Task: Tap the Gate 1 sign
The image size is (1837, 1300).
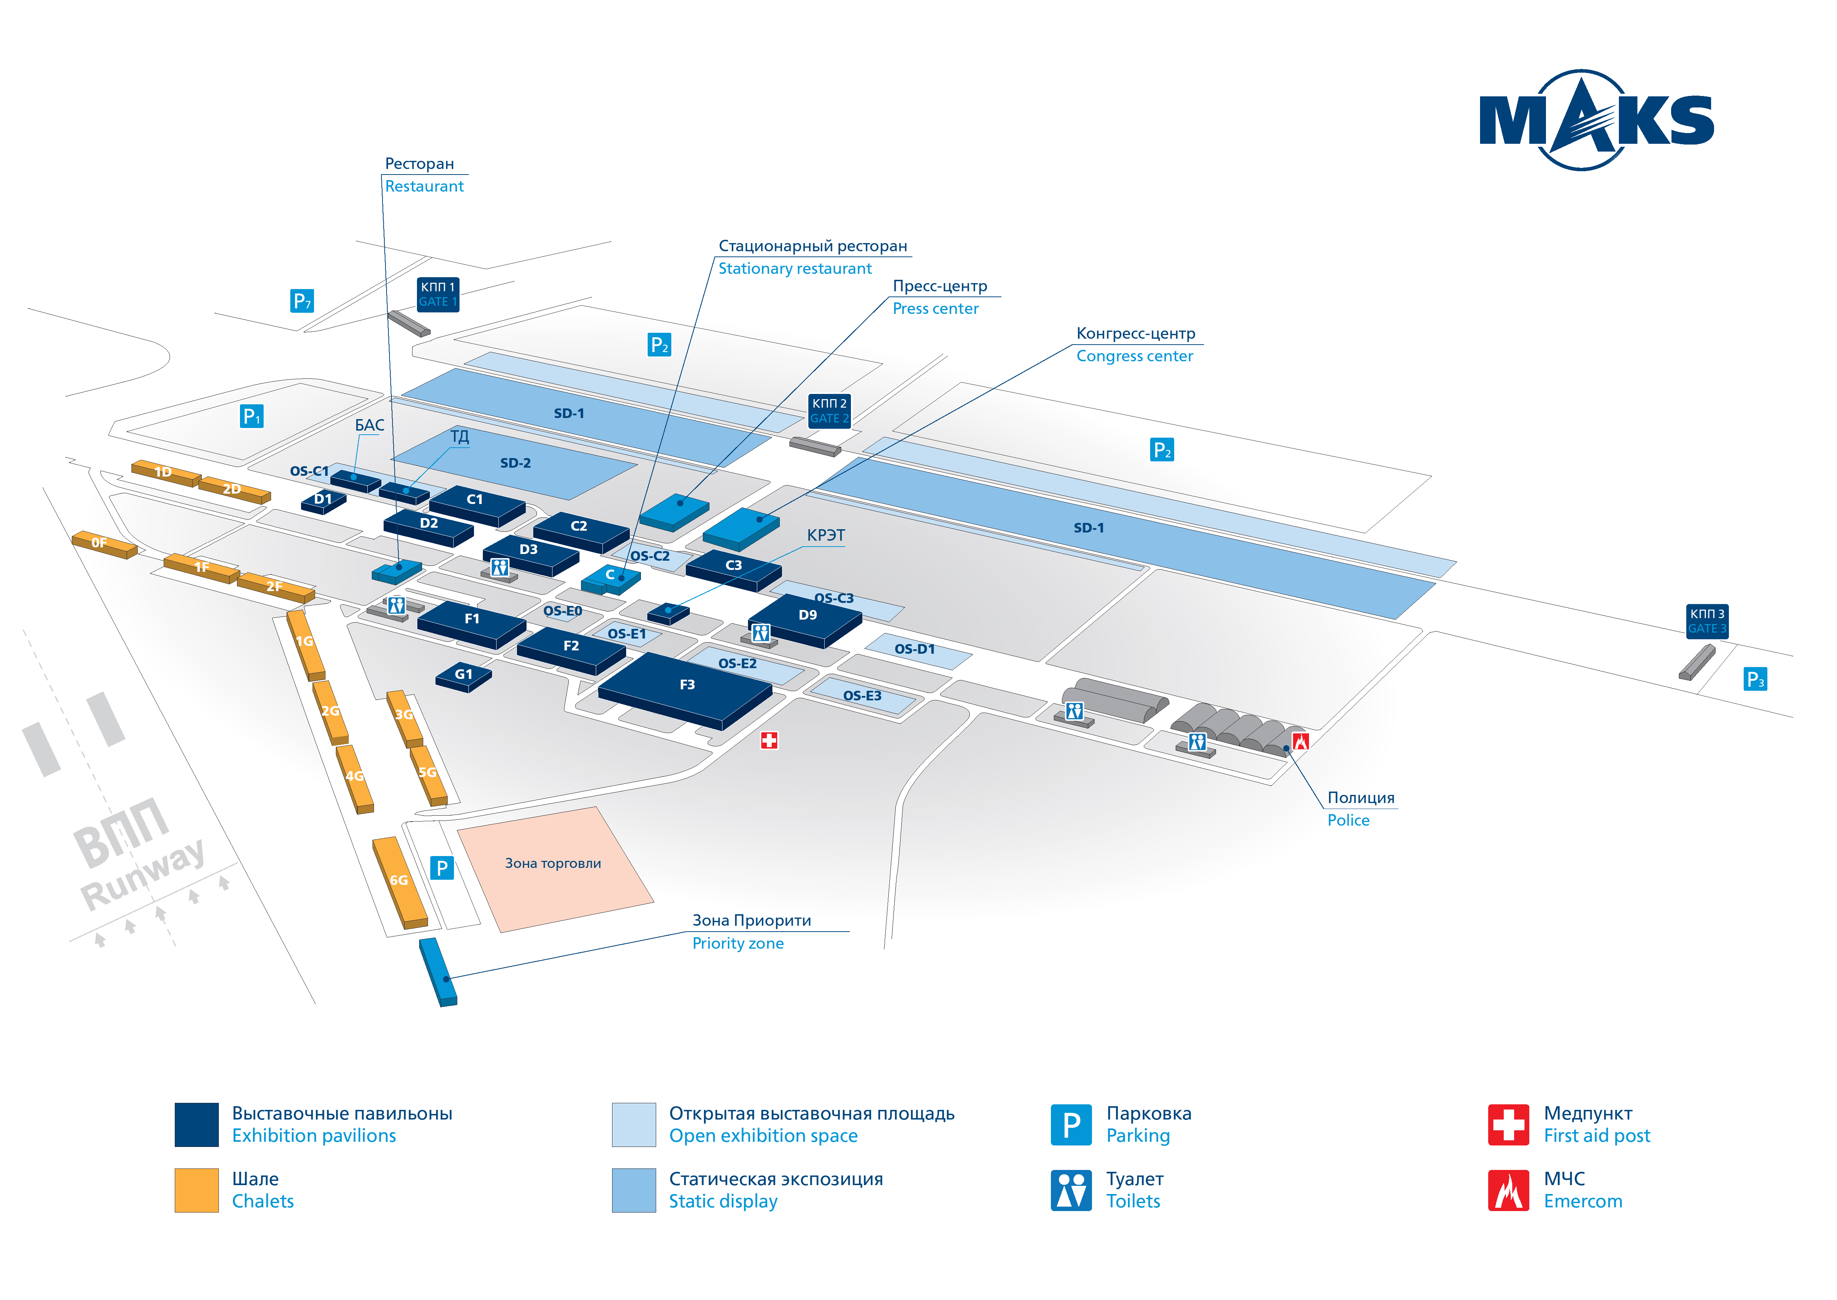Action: (x=438, y=294)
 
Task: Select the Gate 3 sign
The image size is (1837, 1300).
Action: (x=1707, y=620)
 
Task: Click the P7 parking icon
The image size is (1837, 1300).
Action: (x=302, y=301)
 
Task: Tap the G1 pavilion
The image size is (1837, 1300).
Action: (x=463, y=675)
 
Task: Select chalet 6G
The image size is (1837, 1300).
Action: (x=399, y=881)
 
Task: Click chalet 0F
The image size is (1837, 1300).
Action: (x=103, y=544)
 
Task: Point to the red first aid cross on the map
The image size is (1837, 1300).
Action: (x=769, y=740)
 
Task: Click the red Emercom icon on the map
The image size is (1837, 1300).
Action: (x=1300, y=741)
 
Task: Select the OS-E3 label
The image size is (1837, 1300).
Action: (x=862, y=696)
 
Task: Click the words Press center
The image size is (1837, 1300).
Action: (x=935, y=309)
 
